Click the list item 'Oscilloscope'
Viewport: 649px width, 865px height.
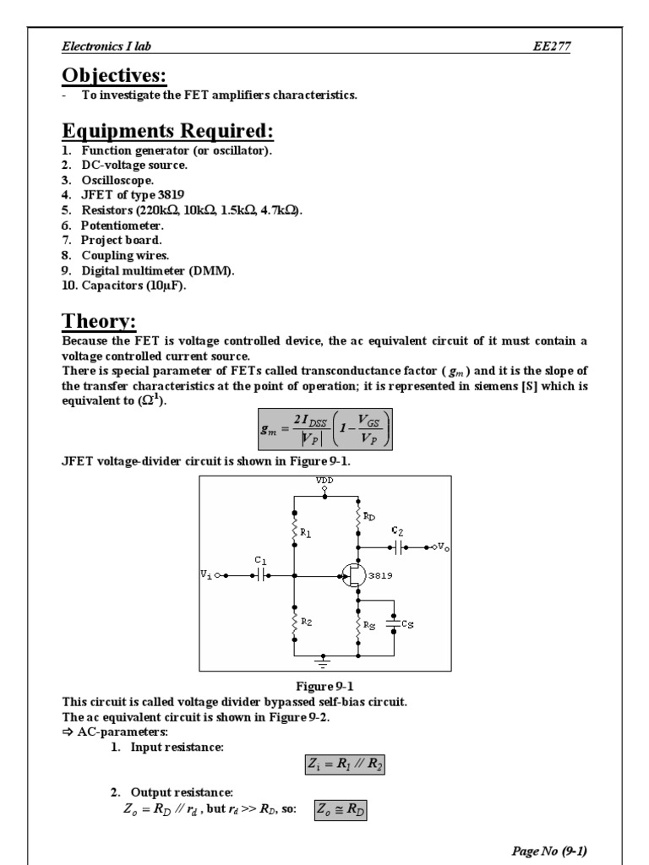click(117, 180)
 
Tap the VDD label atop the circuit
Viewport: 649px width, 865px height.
click(324, 480)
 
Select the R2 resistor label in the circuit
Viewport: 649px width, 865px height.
click(308, 622)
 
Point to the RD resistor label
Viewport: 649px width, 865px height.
click(371, 516)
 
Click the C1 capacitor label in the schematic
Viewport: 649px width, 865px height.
click(260, 560)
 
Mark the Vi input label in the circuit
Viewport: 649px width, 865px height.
click(206, 574)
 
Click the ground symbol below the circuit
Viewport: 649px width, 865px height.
click(324, 661)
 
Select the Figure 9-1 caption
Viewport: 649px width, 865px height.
click(324, 686)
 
